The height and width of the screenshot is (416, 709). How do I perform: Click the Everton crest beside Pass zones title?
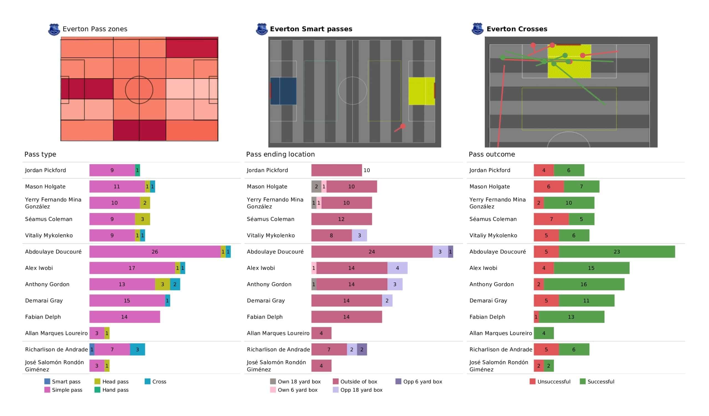(x=54, y=30)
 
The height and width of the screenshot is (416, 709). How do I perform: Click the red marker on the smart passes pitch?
(x=403, y=126)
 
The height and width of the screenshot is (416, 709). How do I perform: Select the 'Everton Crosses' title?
(x=517, y=29)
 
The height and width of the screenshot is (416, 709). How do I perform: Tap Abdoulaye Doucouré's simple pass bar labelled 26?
(x=155, y=252)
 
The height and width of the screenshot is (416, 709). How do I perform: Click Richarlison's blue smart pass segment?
(x=92, y=350)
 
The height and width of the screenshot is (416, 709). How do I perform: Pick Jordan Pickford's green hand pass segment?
(x=137, y=170)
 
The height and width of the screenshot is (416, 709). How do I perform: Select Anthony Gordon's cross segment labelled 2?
(x=175, y=284)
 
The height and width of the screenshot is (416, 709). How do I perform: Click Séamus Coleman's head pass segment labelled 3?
(x=142, y=219)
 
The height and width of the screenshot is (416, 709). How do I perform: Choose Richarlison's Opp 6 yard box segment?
(x=362, y=350)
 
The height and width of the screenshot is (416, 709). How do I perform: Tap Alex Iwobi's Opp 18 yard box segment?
(x=397, y=268)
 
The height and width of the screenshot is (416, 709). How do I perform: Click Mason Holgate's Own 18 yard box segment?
(x=316, y=187)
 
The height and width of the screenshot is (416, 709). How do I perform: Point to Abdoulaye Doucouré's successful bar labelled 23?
(x=617, y=252)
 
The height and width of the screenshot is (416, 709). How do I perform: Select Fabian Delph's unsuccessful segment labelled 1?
(x=536, y=317)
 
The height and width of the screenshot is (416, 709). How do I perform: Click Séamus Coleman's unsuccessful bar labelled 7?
(x=551, y=219)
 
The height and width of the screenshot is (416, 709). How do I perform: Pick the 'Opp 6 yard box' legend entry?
(x=423, y=382)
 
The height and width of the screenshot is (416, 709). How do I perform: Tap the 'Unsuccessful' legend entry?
(x=554, y=382)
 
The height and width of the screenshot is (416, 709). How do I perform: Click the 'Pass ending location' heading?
(x=280, y=154)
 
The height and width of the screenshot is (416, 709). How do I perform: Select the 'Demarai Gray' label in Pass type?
(x=44, y=301)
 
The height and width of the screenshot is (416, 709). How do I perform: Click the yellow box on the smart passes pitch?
(x=421, y=91)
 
